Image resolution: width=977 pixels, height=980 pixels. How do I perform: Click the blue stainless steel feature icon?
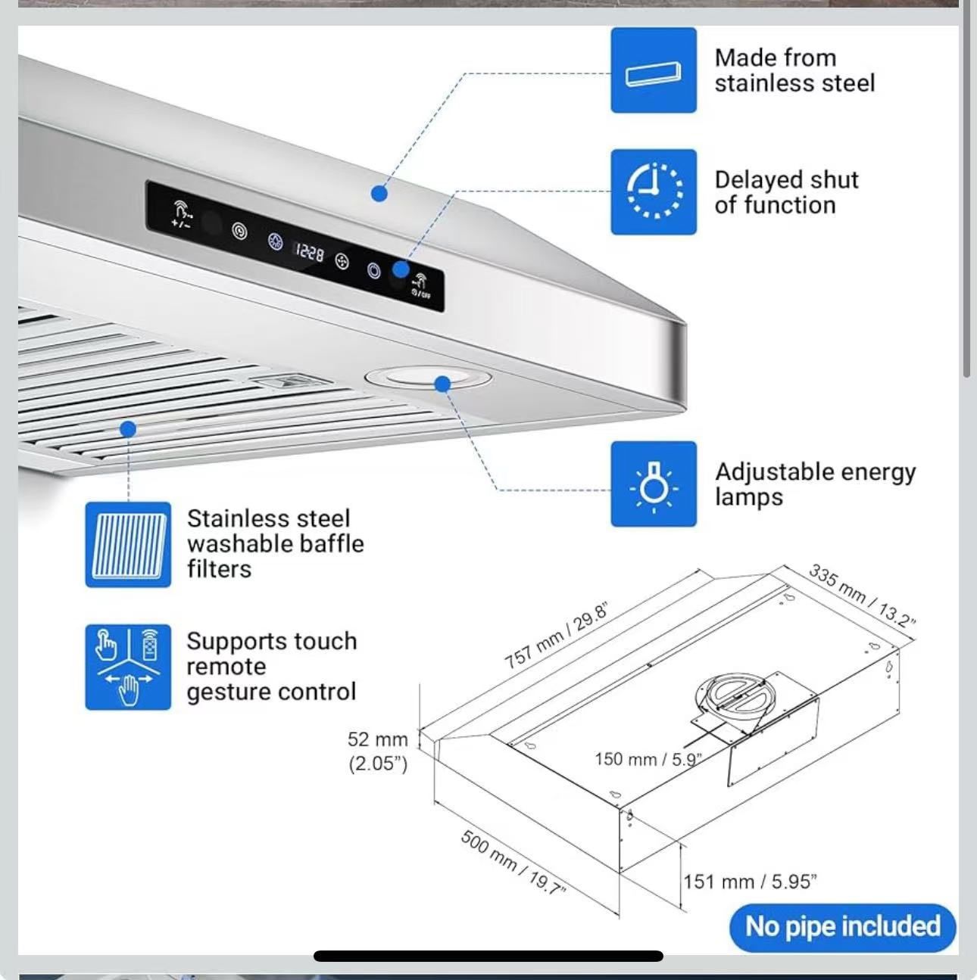pyautogui.click(x=653, y=70)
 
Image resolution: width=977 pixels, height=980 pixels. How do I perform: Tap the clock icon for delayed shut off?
pyautogui.click(x=653, y=191)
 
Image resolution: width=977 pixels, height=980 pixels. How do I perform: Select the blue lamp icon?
pyautogui.click(x=653, y=484)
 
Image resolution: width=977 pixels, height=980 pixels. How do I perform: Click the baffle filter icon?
pyautogui.click(x=128, y=545)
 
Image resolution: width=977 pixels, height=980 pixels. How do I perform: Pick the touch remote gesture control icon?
pyautogui.click(x=128, y=667)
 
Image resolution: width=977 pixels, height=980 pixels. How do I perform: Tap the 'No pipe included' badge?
pyautogui.click(x=843, y=927)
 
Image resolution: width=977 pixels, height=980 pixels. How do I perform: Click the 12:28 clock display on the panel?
pyautogui.click(x=310, y=252)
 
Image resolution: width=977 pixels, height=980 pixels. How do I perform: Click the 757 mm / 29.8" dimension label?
pyautogui.click(x=556, y=636)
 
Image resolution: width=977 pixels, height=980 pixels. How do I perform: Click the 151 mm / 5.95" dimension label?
pyautogui.click(x=750, y=882)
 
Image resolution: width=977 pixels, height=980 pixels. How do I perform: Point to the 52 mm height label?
pyautogui.click(x=378, y=739)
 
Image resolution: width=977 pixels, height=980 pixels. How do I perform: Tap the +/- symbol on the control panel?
pyautogui.click(x=181, y=224)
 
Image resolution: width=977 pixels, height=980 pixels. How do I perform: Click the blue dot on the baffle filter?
pyautogui.click(x=128, y=429)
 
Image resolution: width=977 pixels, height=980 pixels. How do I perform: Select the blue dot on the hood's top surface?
pyautogui.click(x=379, y=193)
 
